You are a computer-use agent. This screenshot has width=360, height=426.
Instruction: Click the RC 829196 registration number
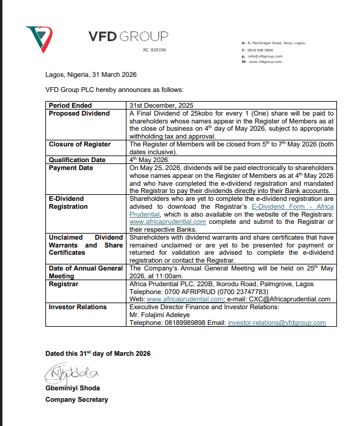pyautogui.click(x=154, y=49)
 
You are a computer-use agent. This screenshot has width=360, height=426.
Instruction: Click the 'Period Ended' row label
pyautogui.click(x=70, y=105)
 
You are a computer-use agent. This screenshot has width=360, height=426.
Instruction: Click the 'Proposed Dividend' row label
pyautogui.click(x=79, y=113)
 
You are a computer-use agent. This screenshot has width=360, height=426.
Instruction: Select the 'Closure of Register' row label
pyautogui.click(x=80, y=144)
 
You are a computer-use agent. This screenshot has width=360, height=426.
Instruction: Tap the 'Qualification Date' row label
pyautogui.click(x=77, y=160)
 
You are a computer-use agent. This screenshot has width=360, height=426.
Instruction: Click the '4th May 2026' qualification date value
pyautogui.click(x=148, y=160)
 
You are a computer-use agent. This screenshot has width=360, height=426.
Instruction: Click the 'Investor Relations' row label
pyautogui.click(x=77, y=307)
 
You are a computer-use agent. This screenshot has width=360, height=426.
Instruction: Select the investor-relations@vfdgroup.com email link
pyautogui.click(x=277, y=323)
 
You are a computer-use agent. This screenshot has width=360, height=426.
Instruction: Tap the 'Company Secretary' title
pyautogui.click(x=76, y=399)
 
